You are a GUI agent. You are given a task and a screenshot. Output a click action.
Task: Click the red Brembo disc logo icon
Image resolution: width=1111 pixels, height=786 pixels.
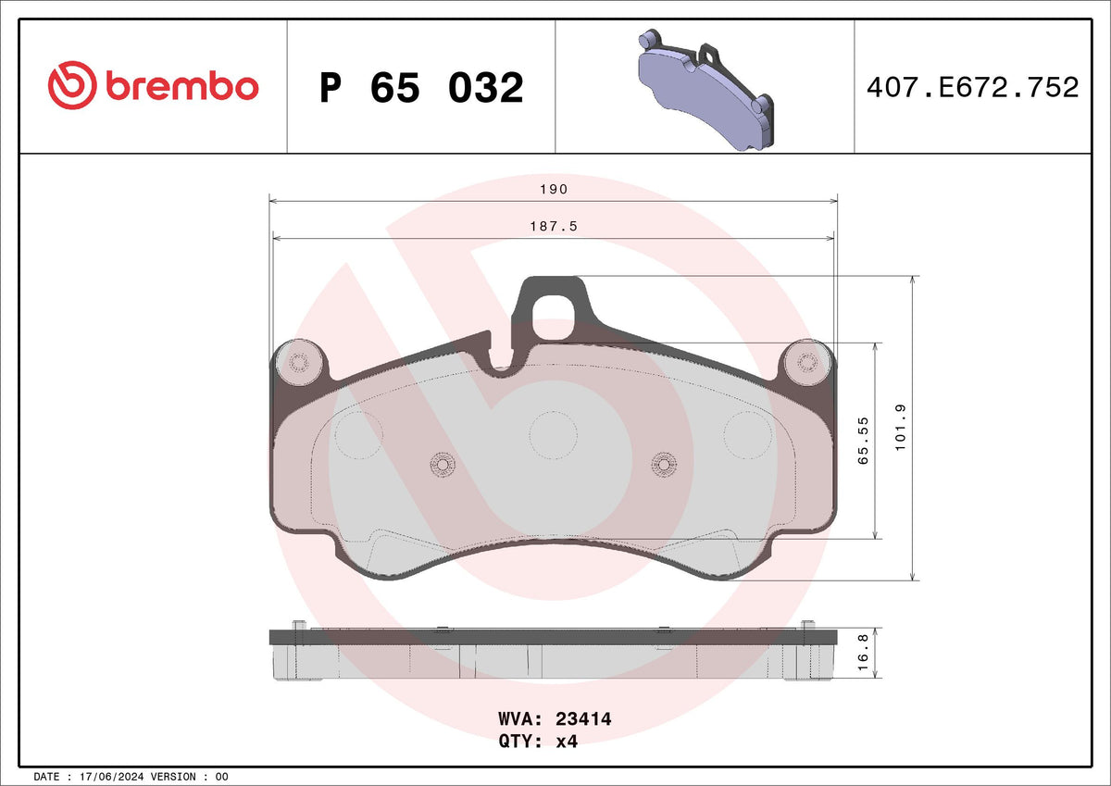pos(72,85)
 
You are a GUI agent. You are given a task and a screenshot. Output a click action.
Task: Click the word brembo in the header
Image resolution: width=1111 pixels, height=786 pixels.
pos(182,86)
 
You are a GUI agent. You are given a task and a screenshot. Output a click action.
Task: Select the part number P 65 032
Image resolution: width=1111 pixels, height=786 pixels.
pos(421,88)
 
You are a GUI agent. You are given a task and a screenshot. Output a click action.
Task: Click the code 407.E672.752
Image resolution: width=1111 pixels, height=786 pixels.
pos(973,87)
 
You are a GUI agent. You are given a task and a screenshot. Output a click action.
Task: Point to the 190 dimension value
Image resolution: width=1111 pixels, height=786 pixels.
pos(554,189)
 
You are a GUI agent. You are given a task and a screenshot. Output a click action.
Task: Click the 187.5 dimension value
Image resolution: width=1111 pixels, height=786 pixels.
pos(554,226)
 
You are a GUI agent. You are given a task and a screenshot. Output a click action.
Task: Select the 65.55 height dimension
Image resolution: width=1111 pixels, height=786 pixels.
pos(863,441)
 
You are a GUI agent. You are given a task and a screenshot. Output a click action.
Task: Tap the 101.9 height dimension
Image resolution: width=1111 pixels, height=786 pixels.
pos(900,428)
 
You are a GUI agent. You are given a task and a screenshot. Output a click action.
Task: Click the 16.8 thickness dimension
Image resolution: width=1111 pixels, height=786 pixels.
pos(863,652)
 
